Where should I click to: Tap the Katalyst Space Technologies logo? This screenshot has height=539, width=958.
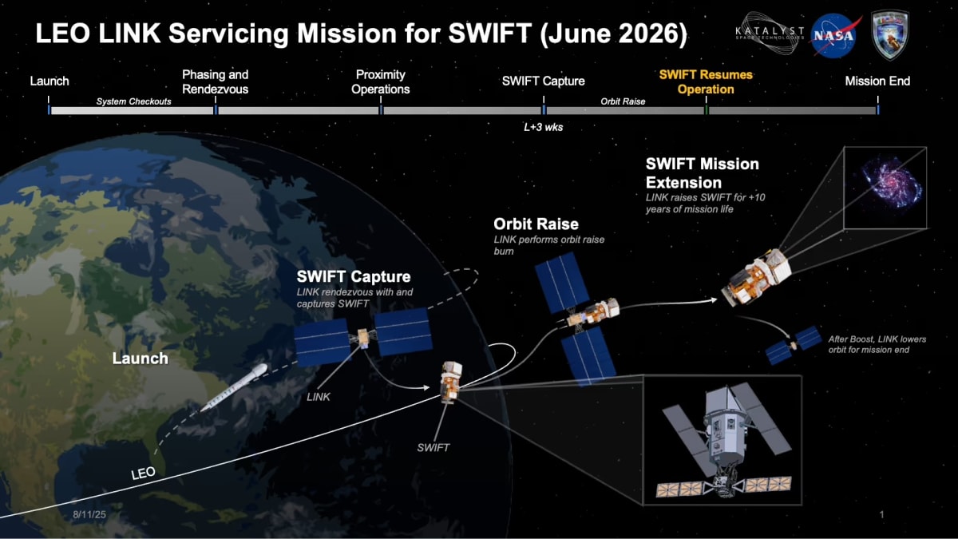coord(769,32)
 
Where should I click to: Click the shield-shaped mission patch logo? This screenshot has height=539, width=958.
coord(889,34)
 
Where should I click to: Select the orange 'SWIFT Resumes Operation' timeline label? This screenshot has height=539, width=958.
coord(705,81)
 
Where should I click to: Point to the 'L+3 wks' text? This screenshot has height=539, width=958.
coord(543,127)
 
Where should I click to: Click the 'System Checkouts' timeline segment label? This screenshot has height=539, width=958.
coord(133,101)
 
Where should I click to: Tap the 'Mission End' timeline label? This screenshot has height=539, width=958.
coord(877,81)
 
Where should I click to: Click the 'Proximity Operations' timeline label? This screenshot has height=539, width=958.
coord(381,81)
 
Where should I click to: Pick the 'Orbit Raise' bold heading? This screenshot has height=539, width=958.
coord(536,224)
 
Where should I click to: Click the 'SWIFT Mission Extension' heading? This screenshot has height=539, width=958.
coord(702,172)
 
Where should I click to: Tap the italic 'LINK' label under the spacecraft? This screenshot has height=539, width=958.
coord(319,396)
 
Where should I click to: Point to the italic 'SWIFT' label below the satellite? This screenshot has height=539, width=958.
coord(433,448)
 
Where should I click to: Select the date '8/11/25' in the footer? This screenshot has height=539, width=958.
coord(89,516)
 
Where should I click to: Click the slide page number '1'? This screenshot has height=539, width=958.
coord(881,515)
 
